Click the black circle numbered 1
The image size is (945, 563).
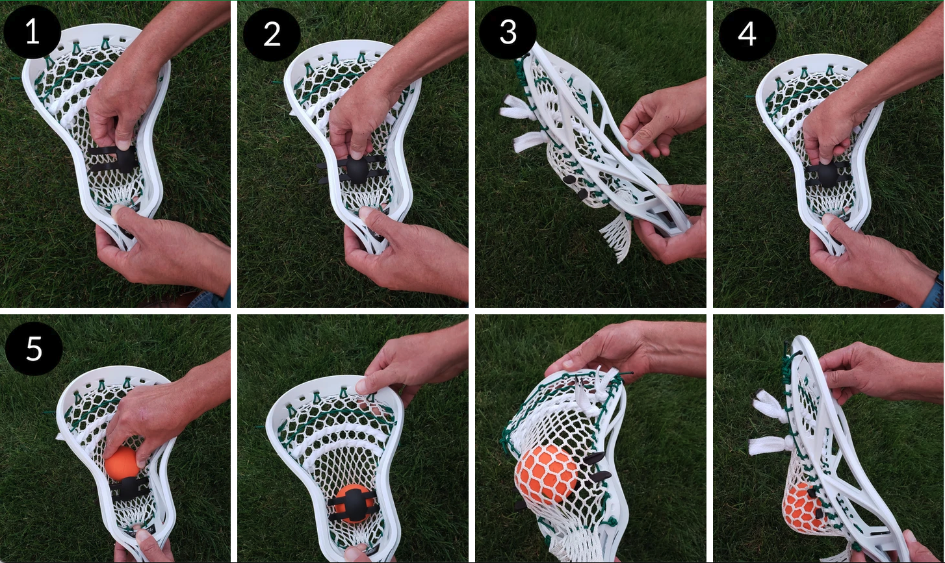coord(32,32)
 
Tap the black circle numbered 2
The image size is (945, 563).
coord(272,34)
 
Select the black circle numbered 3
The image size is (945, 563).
coord(508,32)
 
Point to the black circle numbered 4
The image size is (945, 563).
coord(747,33)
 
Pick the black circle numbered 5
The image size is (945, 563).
coord(34,349)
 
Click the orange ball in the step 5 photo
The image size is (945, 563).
coord(122,464)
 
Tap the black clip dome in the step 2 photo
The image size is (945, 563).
coord(357,169)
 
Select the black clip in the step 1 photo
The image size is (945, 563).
coord(112,159)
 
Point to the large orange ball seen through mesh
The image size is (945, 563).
coord(547,474)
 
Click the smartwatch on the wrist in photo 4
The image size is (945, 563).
coord(939,291)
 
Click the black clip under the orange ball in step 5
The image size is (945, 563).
coord(129,489)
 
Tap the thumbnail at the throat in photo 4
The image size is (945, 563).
coord(829,219)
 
